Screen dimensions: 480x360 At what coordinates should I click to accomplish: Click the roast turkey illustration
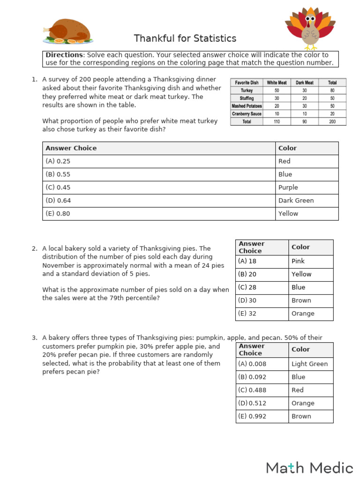click(68, 31)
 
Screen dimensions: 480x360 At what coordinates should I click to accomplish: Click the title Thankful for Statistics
click(185, 38)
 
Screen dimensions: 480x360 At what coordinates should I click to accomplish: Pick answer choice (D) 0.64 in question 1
click(58, 201)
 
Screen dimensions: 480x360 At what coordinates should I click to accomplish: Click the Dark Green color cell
click(296, 201)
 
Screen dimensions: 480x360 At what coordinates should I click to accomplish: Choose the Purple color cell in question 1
click(288, 187)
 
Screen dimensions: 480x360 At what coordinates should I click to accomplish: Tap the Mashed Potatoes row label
click(247, 106)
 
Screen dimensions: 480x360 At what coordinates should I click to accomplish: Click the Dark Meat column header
click(304, 82)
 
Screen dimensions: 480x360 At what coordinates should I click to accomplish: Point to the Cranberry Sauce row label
click(247, 114)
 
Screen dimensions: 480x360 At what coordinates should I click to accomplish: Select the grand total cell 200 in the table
click(332, 122)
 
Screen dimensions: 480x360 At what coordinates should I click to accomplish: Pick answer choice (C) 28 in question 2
click(247, 287)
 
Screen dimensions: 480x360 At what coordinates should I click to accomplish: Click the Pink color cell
click(298, 261)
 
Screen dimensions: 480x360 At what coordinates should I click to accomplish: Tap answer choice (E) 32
click(247, 314)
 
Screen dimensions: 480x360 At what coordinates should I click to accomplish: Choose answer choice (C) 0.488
click(251, 390)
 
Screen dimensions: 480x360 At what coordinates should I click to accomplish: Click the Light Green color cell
click(309, 364)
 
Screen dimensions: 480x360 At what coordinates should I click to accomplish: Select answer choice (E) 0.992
click(251, 416)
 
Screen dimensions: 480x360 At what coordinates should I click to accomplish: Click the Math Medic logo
click(309, 468)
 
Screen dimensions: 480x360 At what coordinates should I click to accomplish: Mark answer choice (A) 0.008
click(251, 364)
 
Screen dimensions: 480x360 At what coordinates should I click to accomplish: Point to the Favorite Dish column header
click(247, 82)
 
